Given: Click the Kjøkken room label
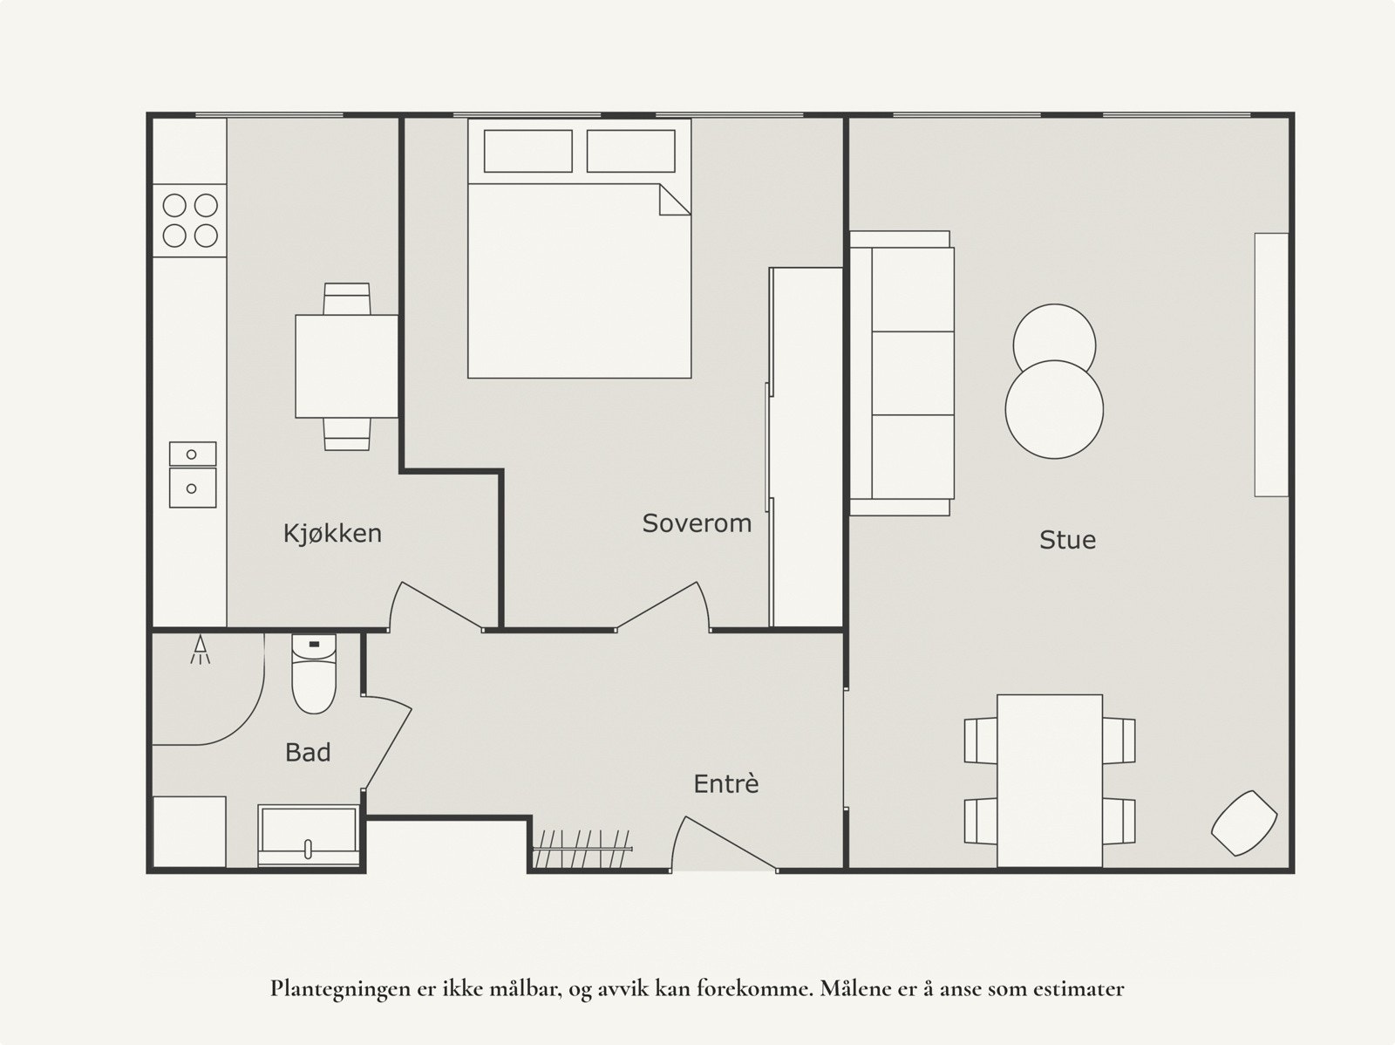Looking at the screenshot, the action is pos(332,533).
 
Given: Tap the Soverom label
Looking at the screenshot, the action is pos(697,523).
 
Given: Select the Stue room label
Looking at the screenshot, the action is pos(1067,540).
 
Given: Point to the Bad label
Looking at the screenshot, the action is pos(308,752).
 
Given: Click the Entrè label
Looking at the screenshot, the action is pos(725,783).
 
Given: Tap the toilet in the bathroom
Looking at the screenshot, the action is pos(313,673).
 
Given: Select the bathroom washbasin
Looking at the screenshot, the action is pos(309,835).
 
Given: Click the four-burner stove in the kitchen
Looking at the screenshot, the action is pos(190,221).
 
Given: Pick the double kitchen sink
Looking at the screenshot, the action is pos(193,475).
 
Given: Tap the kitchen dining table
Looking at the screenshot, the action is pos(346,366).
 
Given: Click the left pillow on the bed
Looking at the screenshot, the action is pos(527,151).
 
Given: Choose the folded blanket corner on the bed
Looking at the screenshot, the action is pos(674,200).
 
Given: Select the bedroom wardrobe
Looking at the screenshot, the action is pos(806,447).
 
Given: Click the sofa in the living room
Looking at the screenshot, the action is pos(902,373).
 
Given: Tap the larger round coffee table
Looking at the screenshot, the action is pos(1054,409).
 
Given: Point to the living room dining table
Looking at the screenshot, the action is pos(1049,781).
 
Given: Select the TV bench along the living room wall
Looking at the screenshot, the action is pos(1271,365).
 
